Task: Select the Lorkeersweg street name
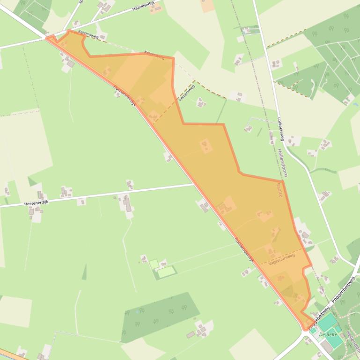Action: click(x=281, y=129)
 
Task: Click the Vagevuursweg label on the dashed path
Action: click(x=281, y=259)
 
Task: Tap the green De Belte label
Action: click(x=328, y=335)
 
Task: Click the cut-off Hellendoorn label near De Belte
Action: click(x=352, y=341)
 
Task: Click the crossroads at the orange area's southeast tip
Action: click(x=306, y=331)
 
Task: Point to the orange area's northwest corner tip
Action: click(x=47, y=37)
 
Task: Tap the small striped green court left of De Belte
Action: click(x=313, y=331)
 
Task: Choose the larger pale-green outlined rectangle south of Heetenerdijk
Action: click(x=166, y=271)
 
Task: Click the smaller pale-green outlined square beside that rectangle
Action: click(x=154, y=264)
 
